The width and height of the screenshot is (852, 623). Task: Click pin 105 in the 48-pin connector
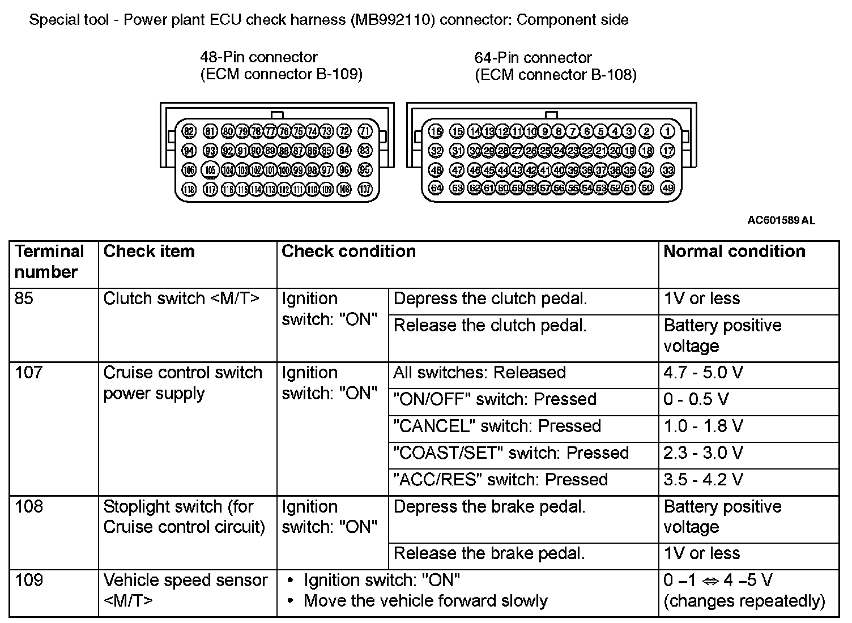point(210,170)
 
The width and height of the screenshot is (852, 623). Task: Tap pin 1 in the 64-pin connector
point(668,131)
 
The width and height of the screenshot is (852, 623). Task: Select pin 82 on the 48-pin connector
point(189,131)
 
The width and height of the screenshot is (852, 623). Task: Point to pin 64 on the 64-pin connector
point(436,188)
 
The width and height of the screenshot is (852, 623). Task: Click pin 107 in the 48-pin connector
point(365,189)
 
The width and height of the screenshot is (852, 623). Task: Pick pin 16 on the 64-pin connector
point(436,131)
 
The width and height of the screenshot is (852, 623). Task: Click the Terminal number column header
point(49,262)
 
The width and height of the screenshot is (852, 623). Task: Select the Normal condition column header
point(734,251)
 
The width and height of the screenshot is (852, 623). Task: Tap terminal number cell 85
point(24,298)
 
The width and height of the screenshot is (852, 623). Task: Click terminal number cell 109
point(29,581)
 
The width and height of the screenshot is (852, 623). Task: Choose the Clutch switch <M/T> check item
point(181,298)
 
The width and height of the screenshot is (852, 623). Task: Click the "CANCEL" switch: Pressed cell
point(497,426)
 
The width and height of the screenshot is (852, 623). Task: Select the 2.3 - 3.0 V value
point(702,453)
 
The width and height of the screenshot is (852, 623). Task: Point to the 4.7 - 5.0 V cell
point(702,373)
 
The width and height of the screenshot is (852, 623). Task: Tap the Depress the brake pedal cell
point(489,507)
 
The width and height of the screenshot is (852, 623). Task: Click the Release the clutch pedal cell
point(490,326)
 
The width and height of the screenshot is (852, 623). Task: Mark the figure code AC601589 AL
point(781,220)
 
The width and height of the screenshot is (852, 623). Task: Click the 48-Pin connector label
point(259,57)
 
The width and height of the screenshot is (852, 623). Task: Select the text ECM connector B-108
point(555,75)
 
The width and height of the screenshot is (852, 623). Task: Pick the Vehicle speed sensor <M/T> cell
point(185,590)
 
